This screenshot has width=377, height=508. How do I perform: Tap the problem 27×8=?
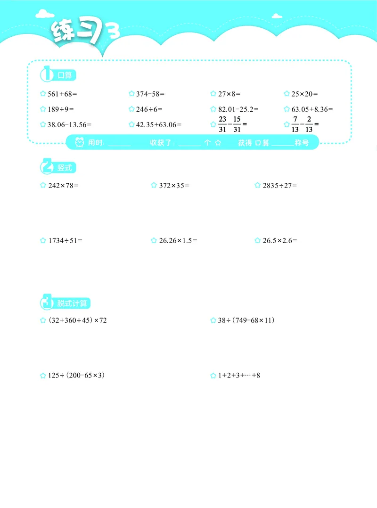(229, 94)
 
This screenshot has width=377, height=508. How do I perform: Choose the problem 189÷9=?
(61, 109)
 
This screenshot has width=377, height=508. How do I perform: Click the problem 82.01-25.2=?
(238, 109)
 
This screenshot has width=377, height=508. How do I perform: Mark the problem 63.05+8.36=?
(311, 109)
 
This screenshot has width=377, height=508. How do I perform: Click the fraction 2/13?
(309, 124)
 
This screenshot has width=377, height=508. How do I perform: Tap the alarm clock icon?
(80, 142)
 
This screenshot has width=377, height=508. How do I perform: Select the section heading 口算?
(64, 75)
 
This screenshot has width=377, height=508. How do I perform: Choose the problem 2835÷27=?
(279, 186)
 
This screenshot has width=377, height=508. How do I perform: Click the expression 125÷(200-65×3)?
(76, 376)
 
